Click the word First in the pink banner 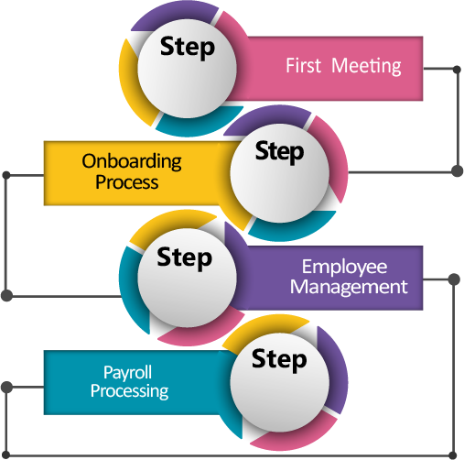point(303,65)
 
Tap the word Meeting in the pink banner point(366,66)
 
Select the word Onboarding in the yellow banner point(132,161)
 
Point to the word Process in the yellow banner point(127,182)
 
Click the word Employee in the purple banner point(345,268)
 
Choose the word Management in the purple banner point(349,287)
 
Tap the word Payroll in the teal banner point(127,373)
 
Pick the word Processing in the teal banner point(129,391)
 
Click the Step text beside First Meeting point(188,48)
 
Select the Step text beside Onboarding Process point(279,152)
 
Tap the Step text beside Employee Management point(184,258)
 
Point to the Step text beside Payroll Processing point(279,359)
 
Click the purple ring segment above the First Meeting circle point(175,15)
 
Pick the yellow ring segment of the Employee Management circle point(171,225)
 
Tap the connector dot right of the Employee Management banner point(454,279)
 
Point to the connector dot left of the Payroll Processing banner point(6,387)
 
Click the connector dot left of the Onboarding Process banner point(6,175)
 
